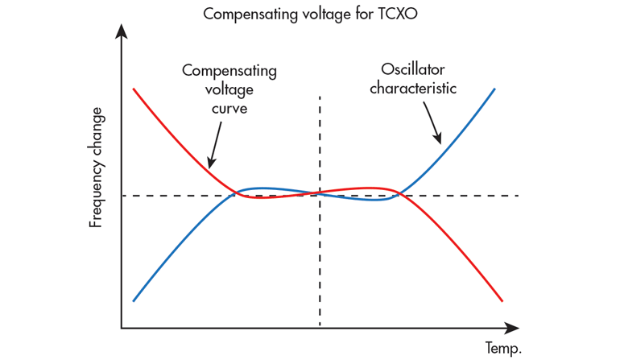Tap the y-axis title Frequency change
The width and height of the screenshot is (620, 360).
click(96, 167)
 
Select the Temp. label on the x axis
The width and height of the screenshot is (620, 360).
click(503, 348)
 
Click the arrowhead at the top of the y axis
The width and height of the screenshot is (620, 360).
click(122, 31)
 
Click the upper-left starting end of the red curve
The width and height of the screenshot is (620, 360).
click(134, 88)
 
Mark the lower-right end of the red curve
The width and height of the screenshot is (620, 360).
click(502, 300)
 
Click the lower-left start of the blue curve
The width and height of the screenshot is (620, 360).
click(134, 300)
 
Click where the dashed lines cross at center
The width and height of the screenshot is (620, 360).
click(320, 195)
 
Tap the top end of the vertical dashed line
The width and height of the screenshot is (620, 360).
click(320, 97)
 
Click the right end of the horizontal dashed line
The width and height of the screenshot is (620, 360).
click(518, 195)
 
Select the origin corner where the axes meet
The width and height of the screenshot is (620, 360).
click(122, 328)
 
